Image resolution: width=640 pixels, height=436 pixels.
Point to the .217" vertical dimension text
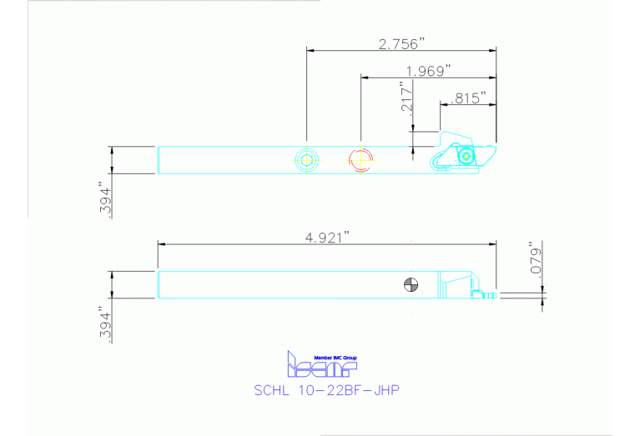pyautogui.click(x=406, y=98)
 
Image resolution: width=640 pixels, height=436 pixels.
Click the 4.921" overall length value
pyautogui.click(x=326, y=237)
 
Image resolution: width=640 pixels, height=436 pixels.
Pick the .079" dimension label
pyautogui.click(x=537, y=258)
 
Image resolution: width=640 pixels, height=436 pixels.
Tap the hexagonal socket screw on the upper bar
pyautogui.click(x=306, y=159)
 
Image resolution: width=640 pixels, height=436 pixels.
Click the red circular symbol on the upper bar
pyautogui.click(x=360, y=159)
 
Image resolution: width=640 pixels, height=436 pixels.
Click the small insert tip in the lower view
pyautogui.click(x=491, y=293)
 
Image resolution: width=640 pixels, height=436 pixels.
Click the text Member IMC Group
pyautogui.click(x=321, y=356)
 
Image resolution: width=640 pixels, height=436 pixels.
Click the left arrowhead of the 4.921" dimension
pyautogui.click(x=162, y=243)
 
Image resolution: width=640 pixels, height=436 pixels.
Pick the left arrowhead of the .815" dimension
pyautogui.click(x=444, y=105)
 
